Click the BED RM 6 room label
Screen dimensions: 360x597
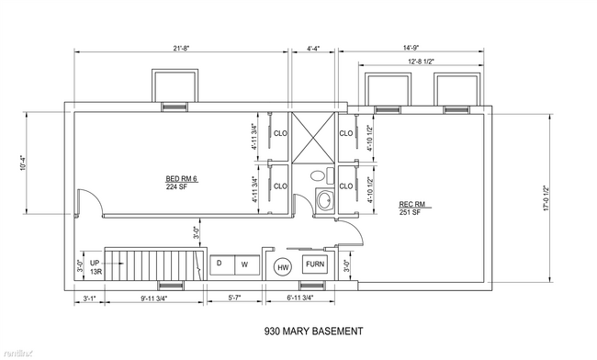point(177,178)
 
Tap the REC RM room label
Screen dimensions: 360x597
point(410,204)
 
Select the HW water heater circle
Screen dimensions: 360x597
point(283,267)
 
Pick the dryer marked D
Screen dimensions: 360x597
point(219,264)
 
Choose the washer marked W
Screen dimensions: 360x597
point(244,264)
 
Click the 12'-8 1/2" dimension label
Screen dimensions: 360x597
point(417,61)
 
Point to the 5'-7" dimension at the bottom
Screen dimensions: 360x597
point(235,298)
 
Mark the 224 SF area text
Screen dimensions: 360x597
point(177,186)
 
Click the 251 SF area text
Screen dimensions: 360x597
point(410,212)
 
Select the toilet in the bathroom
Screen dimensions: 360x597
point(318,174)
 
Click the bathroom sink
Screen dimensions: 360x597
point(323,199)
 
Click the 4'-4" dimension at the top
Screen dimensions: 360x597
point(313,49)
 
